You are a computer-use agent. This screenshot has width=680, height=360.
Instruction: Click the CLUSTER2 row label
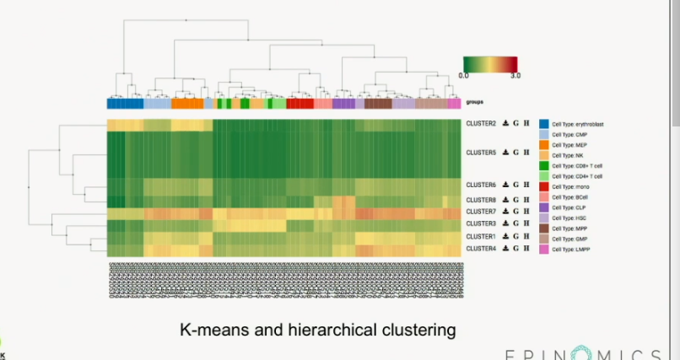481,124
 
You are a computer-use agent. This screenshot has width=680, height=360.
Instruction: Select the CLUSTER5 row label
481,153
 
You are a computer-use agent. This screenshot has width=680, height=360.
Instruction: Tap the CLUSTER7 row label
481,212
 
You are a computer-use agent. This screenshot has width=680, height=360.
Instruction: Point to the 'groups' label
475,103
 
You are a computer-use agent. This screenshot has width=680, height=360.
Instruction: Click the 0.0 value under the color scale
464,75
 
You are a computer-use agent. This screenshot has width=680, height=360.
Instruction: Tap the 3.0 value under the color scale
515,75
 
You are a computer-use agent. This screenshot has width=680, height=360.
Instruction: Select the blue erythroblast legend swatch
544,125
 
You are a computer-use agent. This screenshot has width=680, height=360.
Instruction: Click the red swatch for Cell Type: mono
544,186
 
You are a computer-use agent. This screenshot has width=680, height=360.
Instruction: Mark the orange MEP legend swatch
544,145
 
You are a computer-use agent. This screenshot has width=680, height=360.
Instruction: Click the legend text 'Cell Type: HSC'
569,218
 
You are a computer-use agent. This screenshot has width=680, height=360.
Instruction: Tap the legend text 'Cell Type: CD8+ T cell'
578,166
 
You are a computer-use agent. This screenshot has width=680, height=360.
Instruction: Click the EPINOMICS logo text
582,352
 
